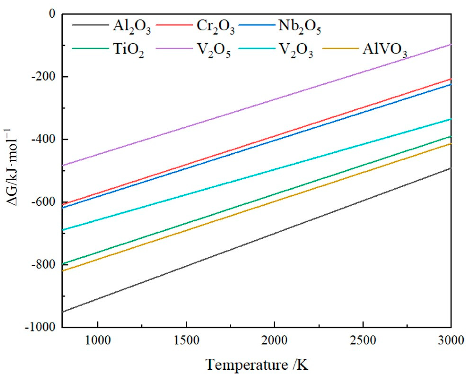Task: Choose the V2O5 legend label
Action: click(x=214, y=50)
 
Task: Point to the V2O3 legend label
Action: click(x=296, y=50)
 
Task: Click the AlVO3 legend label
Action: click(x=385, y=50)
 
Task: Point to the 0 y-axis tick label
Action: click(x=52, y=14)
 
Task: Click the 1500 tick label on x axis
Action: click(x=186, y=340)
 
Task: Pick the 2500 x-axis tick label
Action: click(x=363, y=340)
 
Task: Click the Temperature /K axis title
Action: click(x=257, y=365)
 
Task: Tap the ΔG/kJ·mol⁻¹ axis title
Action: click(x=12, y=168)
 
